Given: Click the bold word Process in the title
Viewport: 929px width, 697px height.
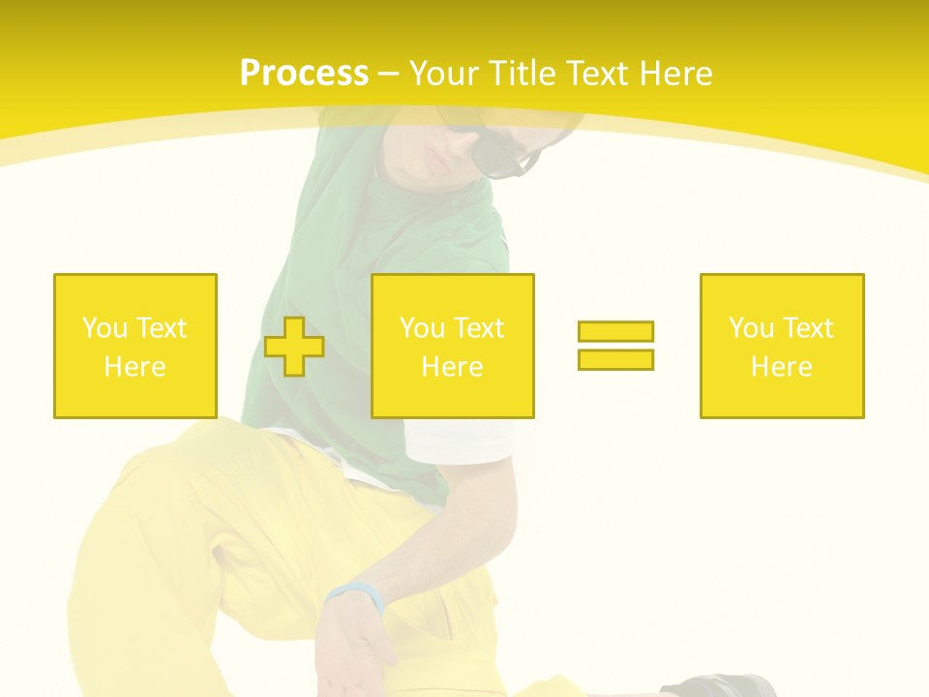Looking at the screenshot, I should [x=304, y=74].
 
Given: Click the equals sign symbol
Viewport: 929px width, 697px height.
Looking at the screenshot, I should [x=615, y=346].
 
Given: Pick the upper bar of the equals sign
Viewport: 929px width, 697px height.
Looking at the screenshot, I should [x=615, y=332].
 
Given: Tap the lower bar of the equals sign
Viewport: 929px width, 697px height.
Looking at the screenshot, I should [x=615, y=359].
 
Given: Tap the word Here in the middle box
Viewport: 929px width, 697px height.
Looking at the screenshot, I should [x=453, y=367].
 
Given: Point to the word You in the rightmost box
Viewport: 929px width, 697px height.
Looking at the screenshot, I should [x=751, y=328].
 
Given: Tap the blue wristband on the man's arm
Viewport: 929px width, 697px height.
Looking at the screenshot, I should [x=356, y=594].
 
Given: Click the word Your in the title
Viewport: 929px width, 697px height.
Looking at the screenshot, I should [x=445, y=74].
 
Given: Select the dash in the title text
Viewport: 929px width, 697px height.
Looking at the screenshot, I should [x=389, y=74].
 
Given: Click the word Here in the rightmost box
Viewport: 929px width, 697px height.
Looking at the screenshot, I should [x=782, y=367].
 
